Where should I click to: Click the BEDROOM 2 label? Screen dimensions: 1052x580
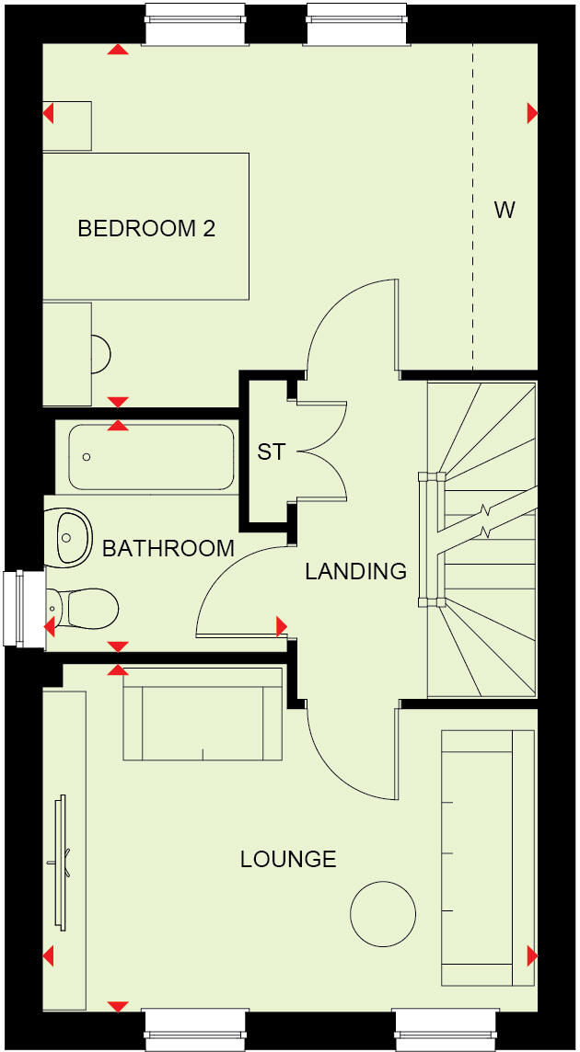(146, 228)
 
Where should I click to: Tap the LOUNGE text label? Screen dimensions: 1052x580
(288, 859)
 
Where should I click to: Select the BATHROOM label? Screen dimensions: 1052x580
(168, 549)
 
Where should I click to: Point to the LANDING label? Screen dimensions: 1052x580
(355, 571)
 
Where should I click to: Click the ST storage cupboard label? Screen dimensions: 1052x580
(271, 452)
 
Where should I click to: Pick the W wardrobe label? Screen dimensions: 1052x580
(504, 210)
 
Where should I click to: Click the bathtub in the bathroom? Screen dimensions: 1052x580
(152, 457)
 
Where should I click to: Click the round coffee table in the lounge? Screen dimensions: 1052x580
(383, 913)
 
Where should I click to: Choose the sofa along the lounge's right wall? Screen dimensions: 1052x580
(488, 858)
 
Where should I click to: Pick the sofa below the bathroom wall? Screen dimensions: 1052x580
(203, 714)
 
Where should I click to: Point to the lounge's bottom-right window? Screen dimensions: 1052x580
(446, 1030)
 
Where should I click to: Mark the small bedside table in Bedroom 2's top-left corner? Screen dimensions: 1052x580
(67, 126)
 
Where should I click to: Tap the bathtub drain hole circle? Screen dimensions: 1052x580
(87, 457)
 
